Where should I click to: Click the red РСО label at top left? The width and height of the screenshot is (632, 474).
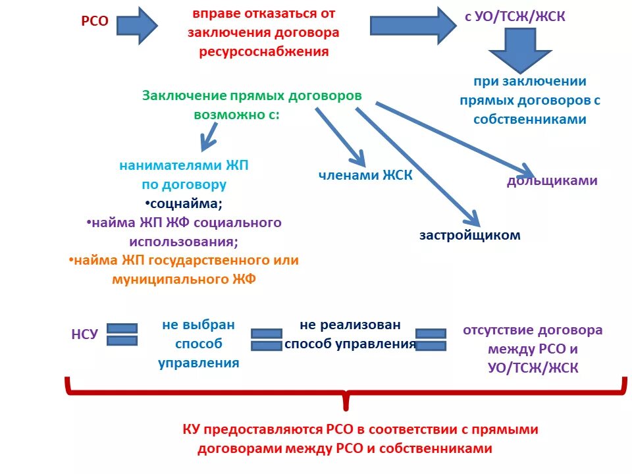coord(94,21)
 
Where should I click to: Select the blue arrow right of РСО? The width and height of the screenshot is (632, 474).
coord(139,26)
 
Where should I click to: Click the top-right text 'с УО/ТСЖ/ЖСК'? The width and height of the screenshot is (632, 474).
coord(515,16)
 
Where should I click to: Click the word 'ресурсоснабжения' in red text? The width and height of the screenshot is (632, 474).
coord(263,52)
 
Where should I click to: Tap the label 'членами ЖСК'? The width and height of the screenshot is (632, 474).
coord(365,175)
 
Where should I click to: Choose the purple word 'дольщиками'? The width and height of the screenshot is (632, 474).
coord(552,180)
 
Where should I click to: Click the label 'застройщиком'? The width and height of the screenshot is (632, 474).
coord(469,235)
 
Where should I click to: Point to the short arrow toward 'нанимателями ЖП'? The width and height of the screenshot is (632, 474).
coord(211,137)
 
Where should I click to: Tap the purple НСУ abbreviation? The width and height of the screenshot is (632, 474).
coord(84,334)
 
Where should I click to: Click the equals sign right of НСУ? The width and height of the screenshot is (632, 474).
coord(122,334)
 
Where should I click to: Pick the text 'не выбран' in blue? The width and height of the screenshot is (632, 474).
coord(198,325)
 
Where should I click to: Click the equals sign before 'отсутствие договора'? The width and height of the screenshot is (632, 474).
coord(431,339)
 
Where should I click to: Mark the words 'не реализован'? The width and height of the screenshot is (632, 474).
coord(350,325)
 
